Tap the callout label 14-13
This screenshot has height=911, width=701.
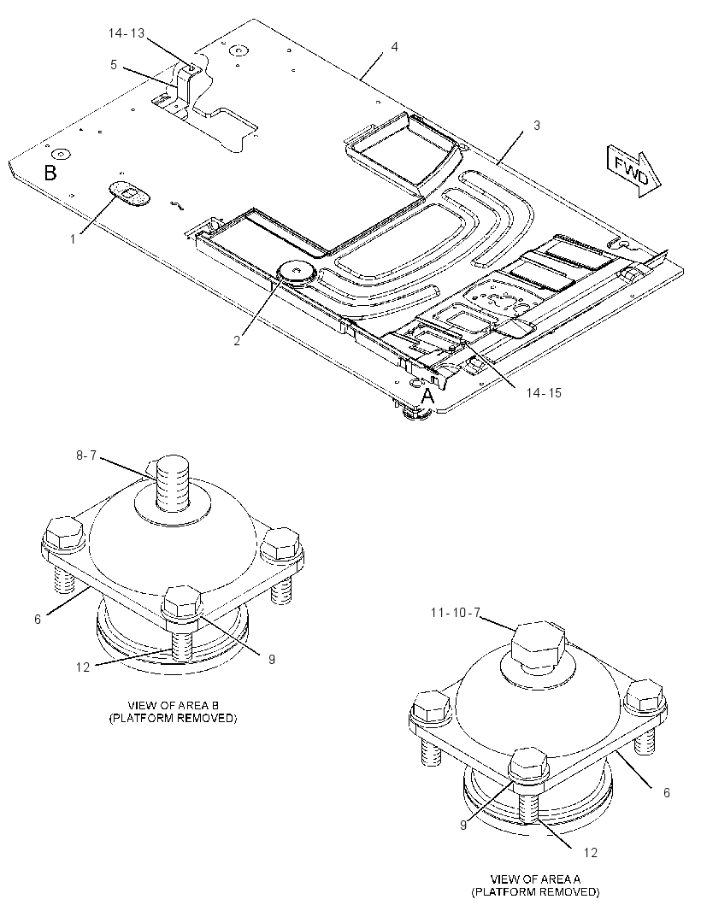[x=127, y=33]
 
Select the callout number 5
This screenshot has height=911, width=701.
[x=114, y=64]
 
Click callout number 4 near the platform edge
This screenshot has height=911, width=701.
[x=395, y=46]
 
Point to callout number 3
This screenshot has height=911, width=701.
[x=537, y=125]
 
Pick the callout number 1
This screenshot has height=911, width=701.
[x=74, y=238]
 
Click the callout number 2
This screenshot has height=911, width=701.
[x=237, y=340]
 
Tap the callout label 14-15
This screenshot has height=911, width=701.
[x=544, y=393]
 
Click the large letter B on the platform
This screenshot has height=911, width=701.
[x=50, y=173]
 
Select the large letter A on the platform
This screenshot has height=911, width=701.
[x=427, y=397]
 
